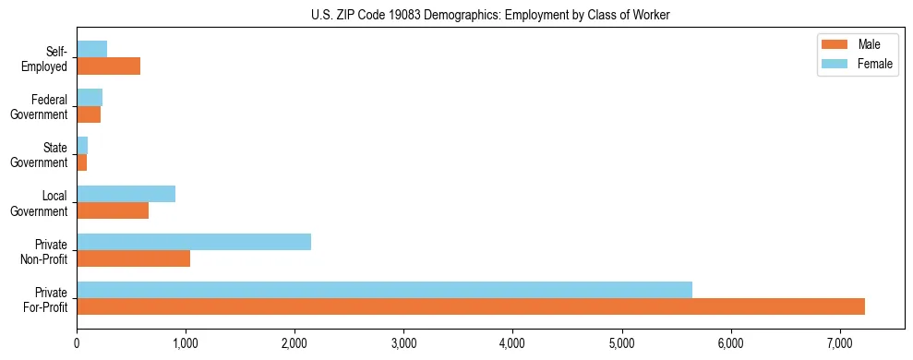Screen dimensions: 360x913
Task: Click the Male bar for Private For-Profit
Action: click(x=471, y=306)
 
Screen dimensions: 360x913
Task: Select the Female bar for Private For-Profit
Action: click(x=384, y=290)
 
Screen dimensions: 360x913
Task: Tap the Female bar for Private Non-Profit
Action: click(x=194, y=242)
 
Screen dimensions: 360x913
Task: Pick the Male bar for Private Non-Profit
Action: click(x=133, y=258)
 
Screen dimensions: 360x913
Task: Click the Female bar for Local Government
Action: click(x=126, y=194)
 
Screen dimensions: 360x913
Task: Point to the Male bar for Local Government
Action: click(x=113, y=210)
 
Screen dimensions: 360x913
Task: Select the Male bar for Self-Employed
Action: click(x=108, y=66)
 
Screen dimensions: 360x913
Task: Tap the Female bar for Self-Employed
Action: click(x=91, y=49)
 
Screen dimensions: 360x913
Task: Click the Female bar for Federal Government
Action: click(x=90, y=97)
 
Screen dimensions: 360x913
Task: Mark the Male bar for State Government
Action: click(x=81, y=162)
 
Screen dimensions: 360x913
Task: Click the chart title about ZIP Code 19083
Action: click(x=490, y=15)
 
